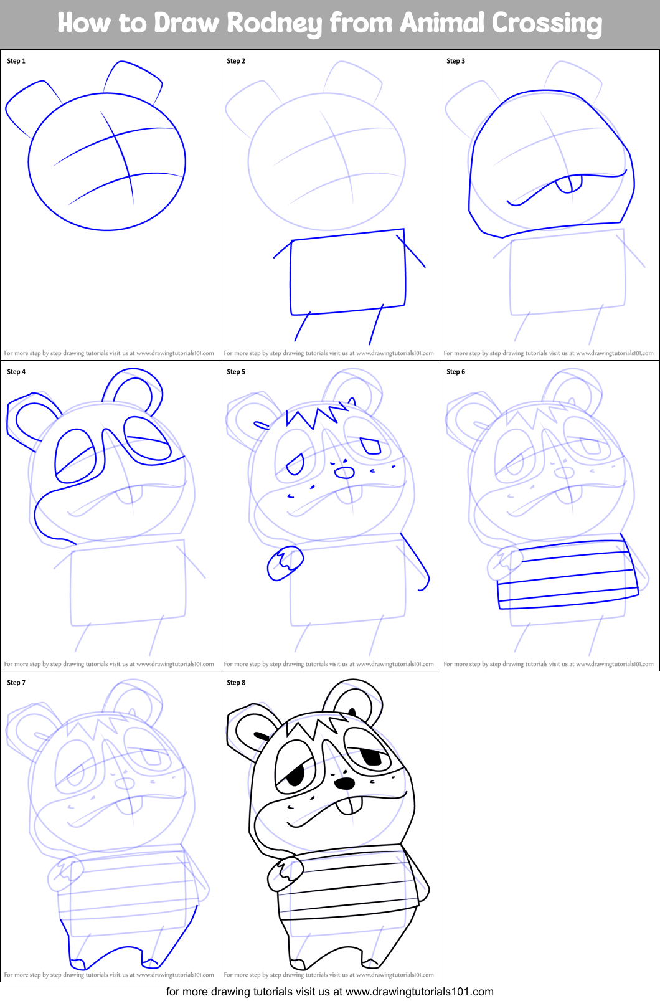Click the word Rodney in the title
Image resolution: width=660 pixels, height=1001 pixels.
pyautogui.click(x=275, y=23)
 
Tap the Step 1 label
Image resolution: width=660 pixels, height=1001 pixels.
pyautogui.click(x=16, y=61)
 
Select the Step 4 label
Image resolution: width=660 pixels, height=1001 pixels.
pyautogui.click(x=16, y=372)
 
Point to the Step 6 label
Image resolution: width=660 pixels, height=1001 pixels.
pyautogui.click(x=456, y=372)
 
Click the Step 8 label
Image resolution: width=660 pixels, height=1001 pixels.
pyautogui.click(x=236, y=683)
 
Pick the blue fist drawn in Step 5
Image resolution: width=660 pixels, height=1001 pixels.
pyautogui.click(x=285, y=562)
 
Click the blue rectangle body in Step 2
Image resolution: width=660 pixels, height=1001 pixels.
pyautogui.click(x=347, y=273)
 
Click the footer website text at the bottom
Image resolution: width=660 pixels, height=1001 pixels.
pyautogui.click(x=329, y=992)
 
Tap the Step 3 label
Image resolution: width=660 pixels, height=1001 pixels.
pyautogui.click(x=456, y=61)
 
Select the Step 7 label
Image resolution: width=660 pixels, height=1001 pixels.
pyautogui.click(x=16, y=683)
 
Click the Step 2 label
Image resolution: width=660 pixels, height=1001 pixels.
pyautogui.click(x=236, y=61)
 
